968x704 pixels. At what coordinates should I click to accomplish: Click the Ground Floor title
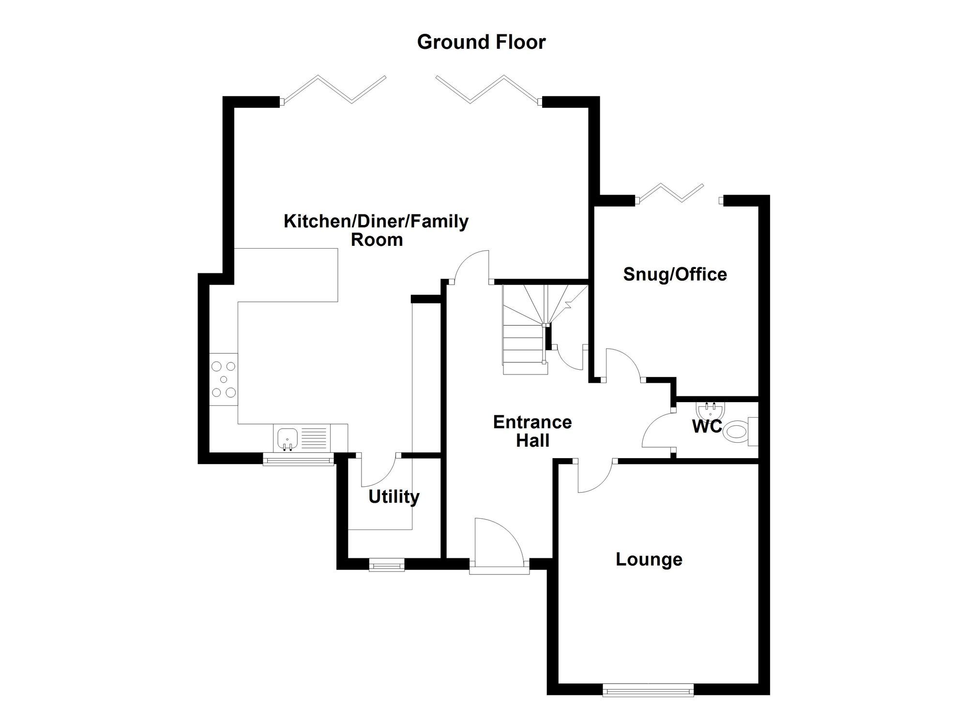(481, 42)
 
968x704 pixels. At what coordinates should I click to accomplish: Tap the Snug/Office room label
(675, 274)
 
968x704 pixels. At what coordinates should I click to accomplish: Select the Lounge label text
(649, 559)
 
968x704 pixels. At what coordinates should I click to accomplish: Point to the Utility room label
(393, 497)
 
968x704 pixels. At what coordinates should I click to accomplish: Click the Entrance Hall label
(532, 431)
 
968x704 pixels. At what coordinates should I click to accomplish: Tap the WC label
(707, 427)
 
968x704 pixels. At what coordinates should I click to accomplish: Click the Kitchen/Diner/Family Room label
(376, 230)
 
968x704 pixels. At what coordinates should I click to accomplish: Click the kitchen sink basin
(287, 438)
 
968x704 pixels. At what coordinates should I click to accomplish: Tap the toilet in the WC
(738, 431)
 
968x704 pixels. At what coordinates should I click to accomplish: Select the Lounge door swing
(594, 477)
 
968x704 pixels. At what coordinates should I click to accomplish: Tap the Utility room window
(386, 564)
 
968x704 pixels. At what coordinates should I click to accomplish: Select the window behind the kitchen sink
(298, 459)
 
